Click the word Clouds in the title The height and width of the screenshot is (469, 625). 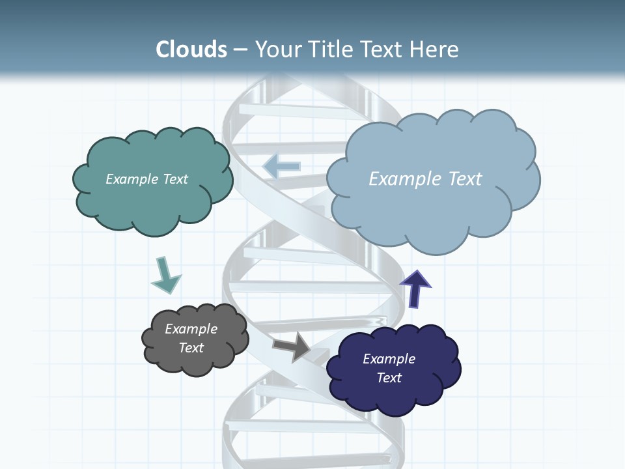pyautogui.click(x=191, y=50)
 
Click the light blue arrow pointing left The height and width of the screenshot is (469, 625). pyautogui.click(x=282, y=166)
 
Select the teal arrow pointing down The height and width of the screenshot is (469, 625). pyautogui.click(x=165, y=276)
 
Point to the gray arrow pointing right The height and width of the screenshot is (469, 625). pyautogui.click(x=292, y=347)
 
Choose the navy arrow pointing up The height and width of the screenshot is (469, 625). pyautogui.click(x=415, y=288)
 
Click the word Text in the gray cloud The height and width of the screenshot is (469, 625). pyautogui.click(x=191, y=348)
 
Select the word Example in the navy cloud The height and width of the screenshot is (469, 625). pyautogui.click(x=389, y=359)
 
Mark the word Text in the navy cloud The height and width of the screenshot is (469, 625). pyautogui.click(x=389, y=378)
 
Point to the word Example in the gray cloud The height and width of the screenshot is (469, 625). pyautogui.click(x=191, y=329)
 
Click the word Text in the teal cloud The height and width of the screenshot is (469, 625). pyautogui.click(x=175, y=179)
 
